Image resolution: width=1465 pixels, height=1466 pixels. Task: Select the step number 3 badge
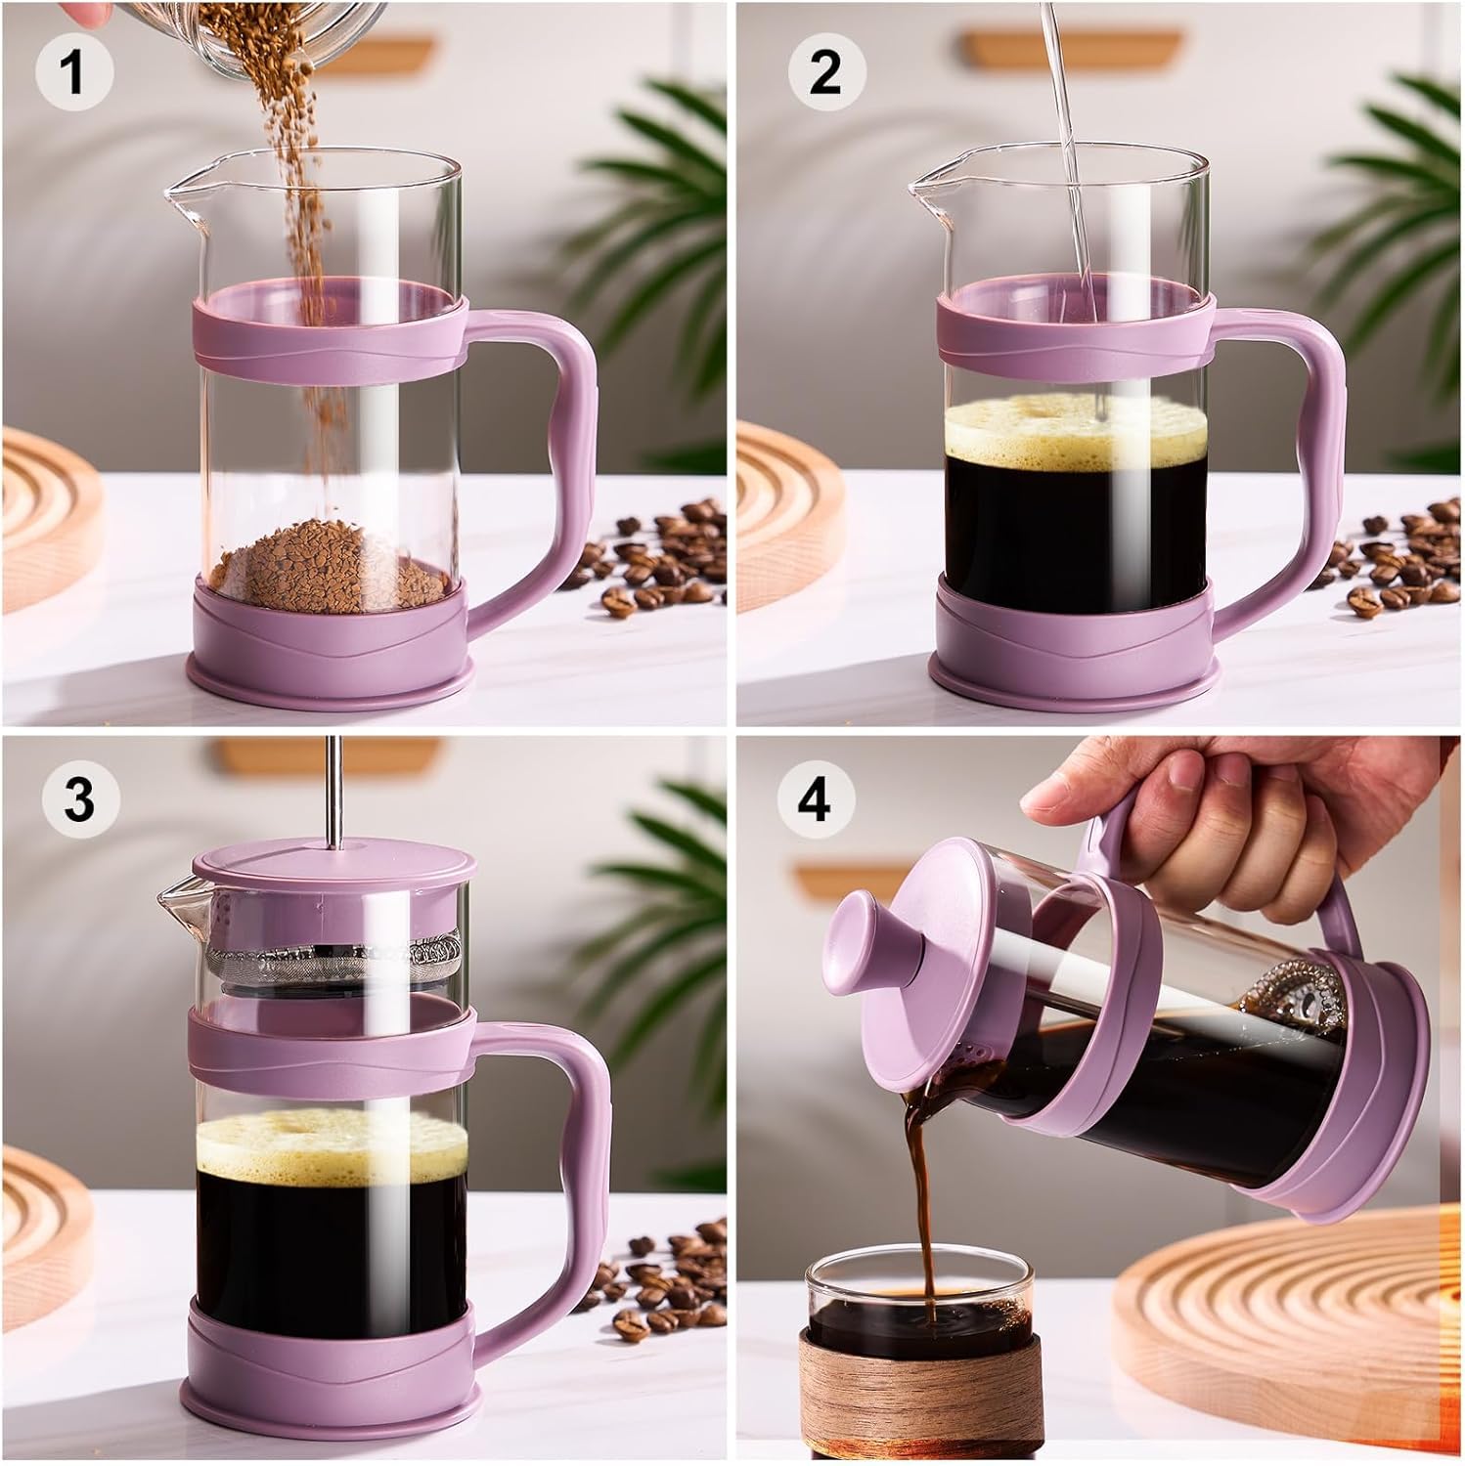[78, 798]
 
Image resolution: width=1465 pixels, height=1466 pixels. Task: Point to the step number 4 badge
[814, 798]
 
